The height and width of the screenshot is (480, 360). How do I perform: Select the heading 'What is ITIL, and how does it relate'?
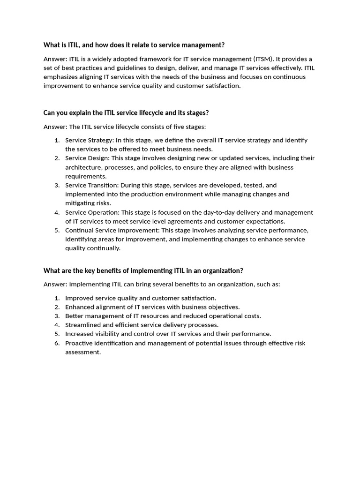(x=134, y=45)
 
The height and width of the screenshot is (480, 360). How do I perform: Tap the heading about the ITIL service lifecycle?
(x=126, y=113)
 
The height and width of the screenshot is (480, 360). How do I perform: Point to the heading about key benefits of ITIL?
(x=143, y=270)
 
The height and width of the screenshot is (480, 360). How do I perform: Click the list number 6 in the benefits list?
(x=57, y=343)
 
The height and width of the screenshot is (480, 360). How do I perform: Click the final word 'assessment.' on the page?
(x=83, y=352)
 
